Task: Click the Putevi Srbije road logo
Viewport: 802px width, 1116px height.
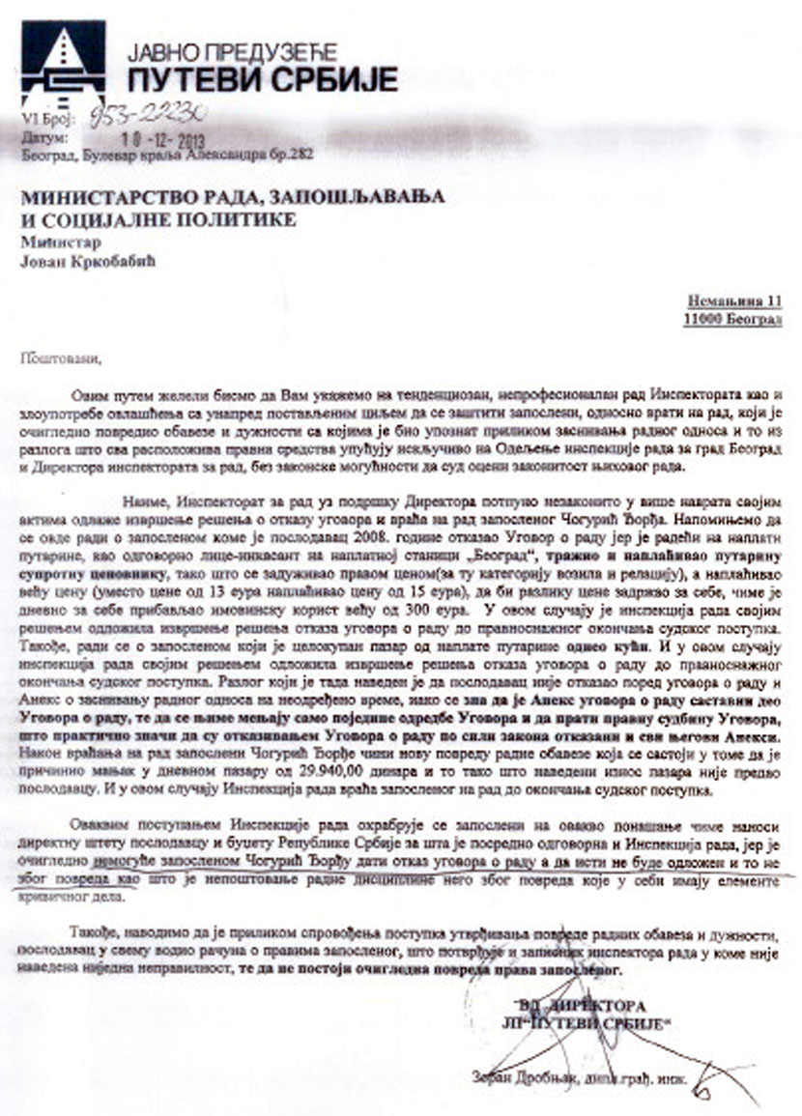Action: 63,64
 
